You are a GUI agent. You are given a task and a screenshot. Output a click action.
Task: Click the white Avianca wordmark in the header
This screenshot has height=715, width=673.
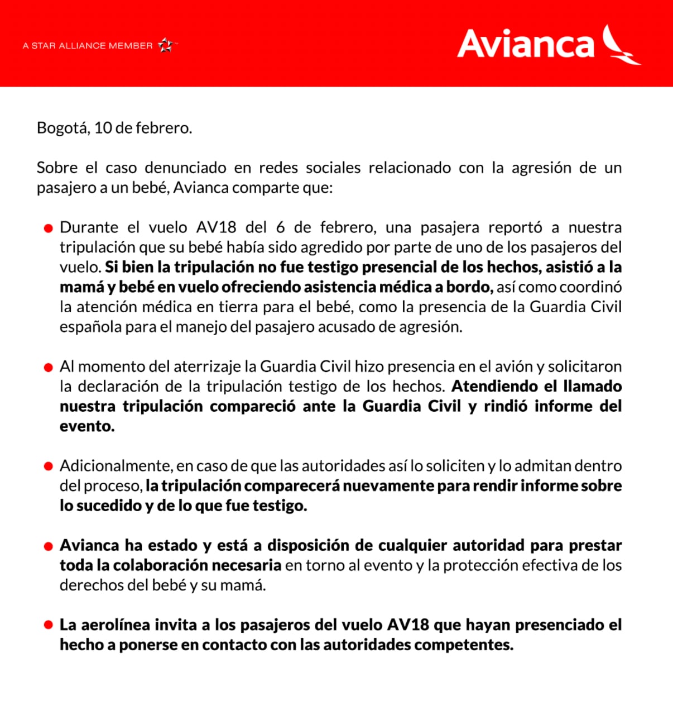(526, 45)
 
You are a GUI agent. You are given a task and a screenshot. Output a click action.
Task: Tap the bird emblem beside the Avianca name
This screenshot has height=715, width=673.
(620, 45)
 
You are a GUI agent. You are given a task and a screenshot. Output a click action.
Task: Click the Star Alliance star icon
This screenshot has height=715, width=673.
(165, 45)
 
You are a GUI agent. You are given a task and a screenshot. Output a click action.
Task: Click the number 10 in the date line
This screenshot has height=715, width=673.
(103, 128)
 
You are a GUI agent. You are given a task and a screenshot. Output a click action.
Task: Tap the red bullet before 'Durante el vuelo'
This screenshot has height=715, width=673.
(49, 228)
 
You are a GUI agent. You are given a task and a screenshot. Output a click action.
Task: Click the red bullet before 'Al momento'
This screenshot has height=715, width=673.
(49, 367)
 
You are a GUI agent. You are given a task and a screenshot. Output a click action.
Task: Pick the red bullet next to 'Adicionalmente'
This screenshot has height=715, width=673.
(49, 466)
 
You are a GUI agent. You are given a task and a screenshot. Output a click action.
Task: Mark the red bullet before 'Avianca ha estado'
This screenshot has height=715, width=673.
(49, 546)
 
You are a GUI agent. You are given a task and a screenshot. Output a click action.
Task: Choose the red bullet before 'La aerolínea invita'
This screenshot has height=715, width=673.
(49, 625)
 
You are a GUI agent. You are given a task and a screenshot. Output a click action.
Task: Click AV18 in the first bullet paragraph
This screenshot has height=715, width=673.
(216, 227)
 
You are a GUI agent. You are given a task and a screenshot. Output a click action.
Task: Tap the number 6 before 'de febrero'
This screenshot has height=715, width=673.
(280, 227)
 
